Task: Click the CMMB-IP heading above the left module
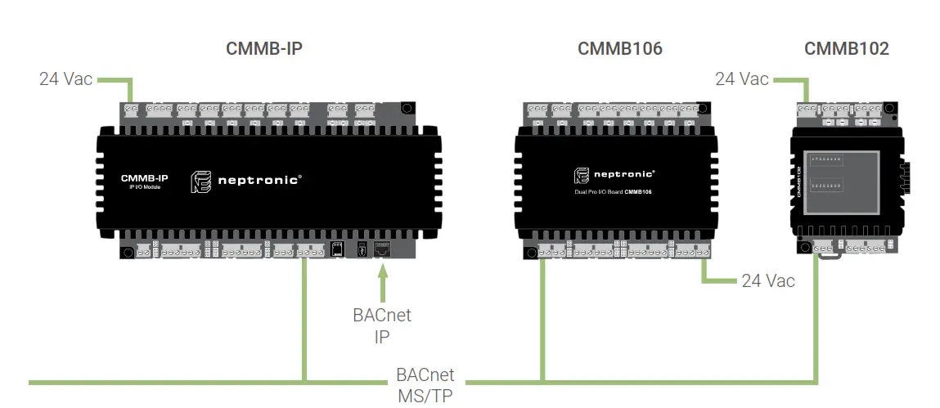click(263, 49)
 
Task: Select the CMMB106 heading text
click(619, 49)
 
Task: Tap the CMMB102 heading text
click(846, 49)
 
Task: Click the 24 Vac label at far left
click(65, 79)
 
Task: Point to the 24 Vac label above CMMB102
click(741, 79)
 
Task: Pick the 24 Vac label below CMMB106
click(767, 281)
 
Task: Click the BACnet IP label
click(381, 325)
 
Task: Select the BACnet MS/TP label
click(425, 384)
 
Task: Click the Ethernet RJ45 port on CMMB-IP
click(381, 249)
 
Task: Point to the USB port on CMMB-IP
click(360, 249)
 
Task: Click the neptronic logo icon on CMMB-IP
click(201, 182)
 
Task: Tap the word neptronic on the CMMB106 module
click(624, 174)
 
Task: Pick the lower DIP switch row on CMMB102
click(827, 186)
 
